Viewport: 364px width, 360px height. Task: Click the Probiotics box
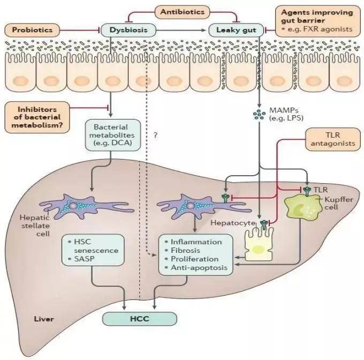[33, 29]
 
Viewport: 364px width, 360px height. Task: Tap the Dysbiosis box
[128, 30]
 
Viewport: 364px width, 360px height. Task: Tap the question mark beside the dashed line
[155, 136]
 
